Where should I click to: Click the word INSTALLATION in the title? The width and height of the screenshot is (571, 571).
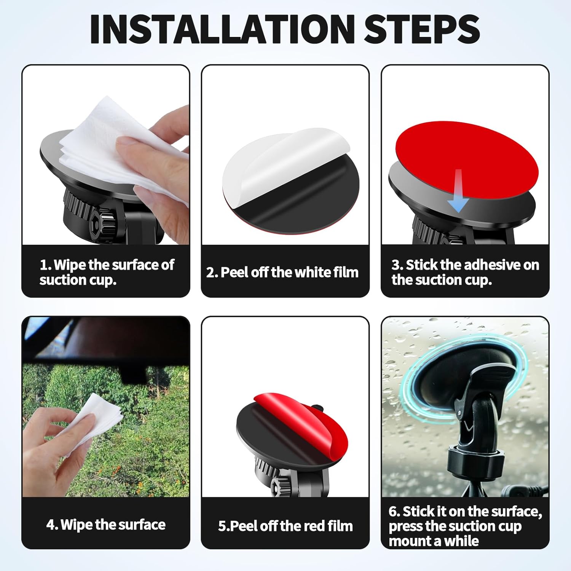pos(222,29)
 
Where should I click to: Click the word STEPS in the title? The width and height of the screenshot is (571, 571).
pos(422,29)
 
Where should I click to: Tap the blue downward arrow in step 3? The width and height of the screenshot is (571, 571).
pos(458,191)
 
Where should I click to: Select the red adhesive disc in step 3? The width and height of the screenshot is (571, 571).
pos(467,159)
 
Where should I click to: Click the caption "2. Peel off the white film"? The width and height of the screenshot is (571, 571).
pos(282,273)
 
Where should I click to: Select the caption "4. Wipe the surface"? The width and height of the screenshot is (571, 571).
pos(106,525)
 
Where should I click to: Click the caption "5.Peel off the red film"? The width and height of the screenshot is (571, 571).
pos(285,526)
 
